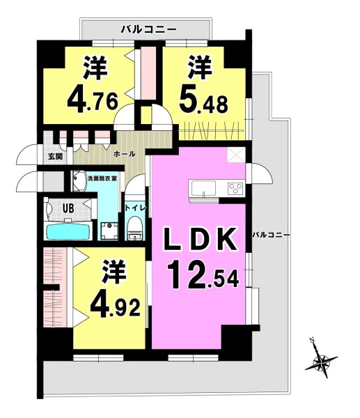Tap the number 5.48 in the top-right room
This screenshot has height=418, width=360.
pos(204,100)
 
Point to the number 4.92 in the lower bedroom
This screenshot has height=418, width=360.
pos(116,306)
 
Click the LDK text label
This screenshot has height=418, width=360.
pos(201,239)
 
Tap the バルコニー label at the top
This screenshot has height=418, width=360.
pos(149,29)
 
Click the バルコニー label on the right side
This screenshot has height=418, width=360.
pos(271,235)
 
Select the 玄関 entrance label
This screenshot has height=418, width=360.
pos(55,156)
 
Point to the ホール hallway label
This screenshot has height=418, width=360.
pos(125,154)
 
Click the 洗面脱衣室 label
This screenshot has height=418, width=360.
pos(102,178)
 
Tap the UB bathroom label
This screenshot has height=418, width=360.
pos(68,208)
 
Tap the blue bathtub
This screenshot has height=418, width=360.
pos(69,232)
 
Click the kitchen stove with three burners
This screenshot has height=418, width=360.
pos(235,189)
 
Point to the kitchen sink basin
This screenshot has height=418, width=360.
pos(202,188)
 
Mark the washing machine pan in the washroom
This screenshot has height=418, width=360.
pos(109,231)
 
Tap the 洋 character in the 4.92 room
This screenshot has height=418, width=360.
pos(114,272)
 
